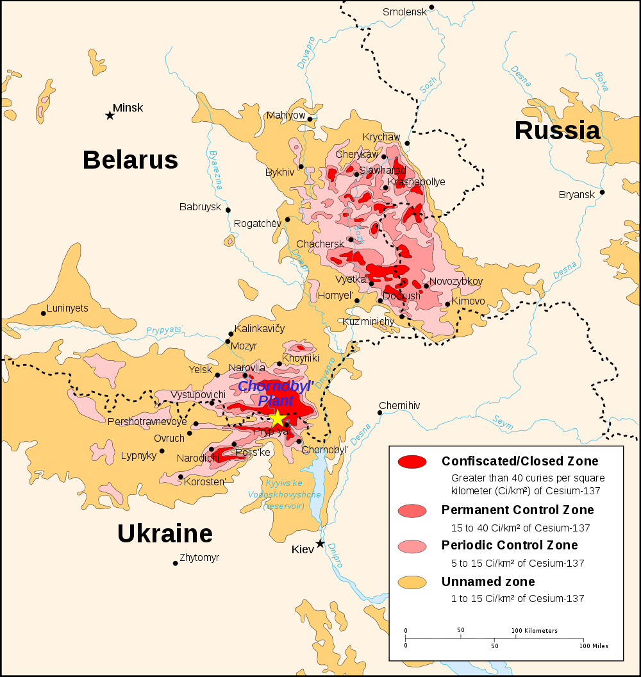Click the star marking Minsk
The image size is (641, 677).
(110, 115)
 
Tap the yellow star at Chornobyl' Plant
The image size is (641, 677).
(277, 419)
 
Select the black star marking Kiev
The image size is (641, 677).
(320, 544)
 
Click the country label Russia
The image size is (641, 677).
(557, 131)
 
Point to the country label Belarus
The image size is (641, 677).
(130, 160)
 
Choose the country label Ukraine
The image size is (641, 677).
(165, 533)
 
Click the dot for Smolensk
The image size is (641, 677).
(432, 8)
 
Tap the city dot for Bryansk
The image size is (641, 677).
(602, 192)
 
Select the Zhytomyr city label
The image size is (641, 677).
(199, 558)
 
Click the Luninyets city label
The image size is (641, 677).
(68, 308)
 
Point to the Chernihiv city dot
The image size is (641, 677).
(380, 413)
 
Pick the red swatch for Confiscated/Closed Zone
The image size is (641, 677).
(412, 462)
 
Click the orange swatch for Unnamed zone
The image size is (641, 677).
(412, 582)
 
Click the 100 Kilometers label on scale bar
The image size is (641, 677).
(535, 631)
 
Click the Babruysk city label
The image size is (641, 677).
(200, 207)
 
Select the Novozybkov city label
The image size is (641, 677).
(456, 281)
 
